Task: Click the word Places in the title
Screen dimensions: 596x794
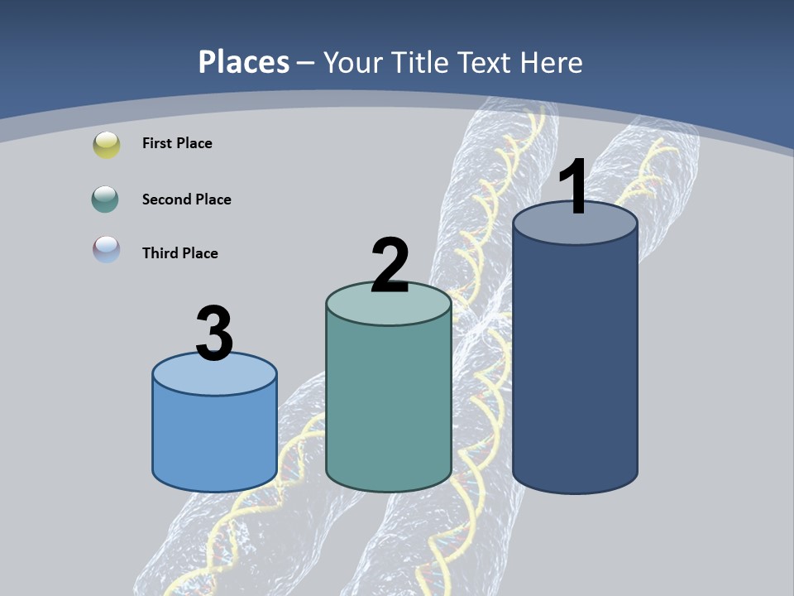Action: click(x=244, y=62)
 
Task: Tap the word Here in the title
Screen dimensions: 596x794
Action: click(x=552, y=62)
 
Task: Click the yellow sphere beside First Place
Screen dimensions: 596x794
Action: click(x=107, y=144)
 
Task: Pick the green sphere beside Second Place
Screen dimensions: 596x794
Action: click(x=107, y=199)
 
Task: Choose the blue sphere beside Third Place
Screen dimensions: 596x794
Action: click(x=107, y=250)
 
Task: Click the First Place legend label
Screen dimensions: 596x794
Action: click(x=177, y=143)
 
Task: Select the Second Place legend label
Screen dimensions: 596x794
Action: click(x=186, y=199)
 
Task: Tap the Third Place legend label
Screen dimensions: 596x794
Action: click(x=179, y=253)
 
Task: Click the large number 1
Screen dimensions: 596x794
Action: click(x=573, y=188)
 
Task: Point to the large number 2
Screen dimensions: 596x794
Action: click(x=390, y=266)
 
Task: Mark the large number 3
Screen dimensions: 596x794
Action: click(x=214, y=334)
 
